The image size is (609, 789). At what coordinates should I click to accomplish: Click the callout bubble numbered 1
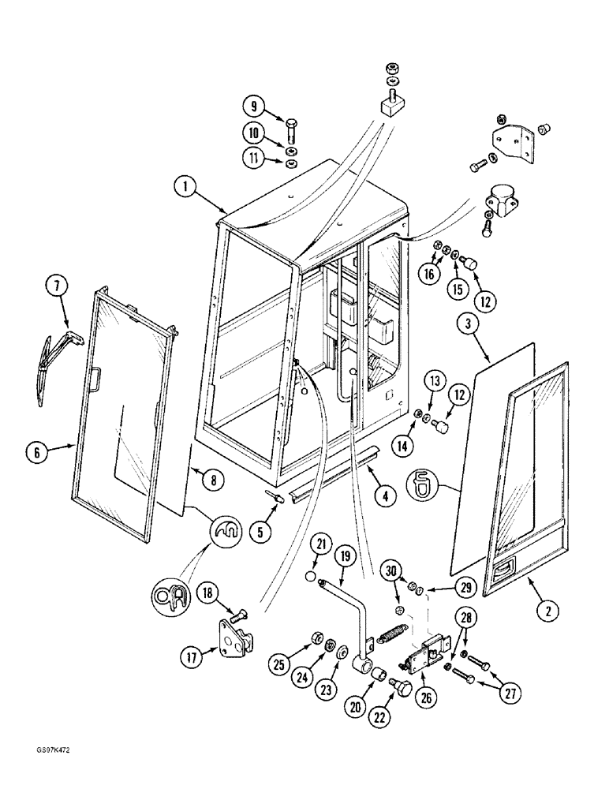pyautogui.click(x=184, y=188)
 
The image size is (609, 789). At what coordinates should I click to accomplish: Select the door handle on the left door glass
pyautogui.click(x=96, y=380)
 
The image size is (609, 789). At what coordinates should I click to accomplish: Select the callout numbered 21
pyautogui.click(x=321, y=544)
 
